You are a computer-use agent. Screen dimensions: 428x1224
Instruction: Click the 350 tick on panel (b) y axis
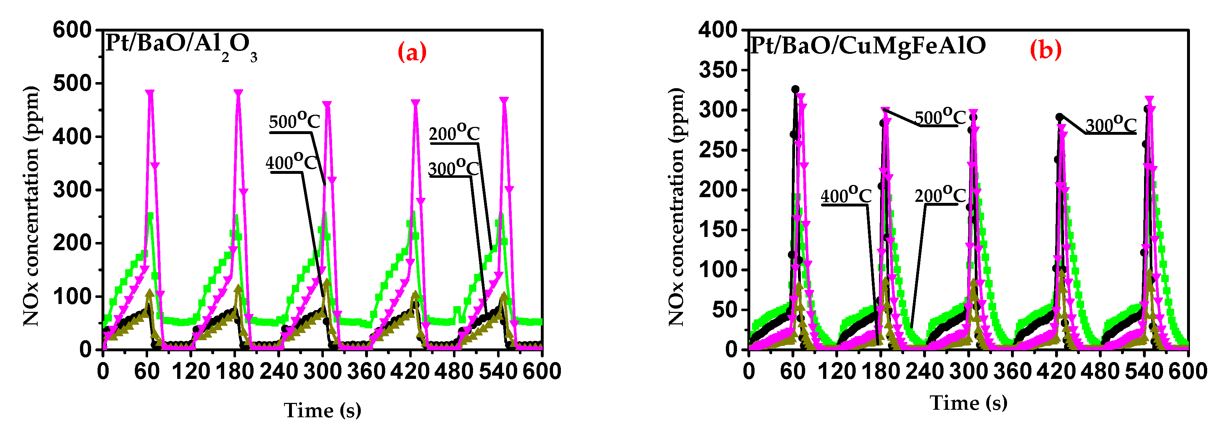click(x=718, y=70)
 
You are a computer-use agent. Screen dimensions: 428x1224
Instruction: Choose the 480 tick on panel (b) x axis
click(x=1101, y=371)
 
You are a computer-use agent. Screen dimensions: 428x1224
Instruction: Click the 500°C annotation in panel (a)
click(x=294, y=122)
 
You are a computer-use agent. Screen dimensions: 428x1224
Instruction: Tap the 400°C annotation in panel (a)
click(x=291, y=162)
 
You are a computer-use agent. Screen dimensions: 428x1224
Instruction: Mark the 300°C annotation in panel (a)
click(x=453, y=168)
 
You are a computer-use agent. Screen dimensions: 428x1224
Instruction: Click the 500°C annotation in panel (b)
click(x=940, y=117)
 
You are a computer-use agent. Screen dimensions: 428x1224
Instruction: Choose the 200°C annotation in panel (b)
click(x=940, y=195)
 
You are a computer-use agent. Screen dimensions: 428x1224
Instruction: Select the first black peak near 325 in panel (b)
click(x=795, y=89)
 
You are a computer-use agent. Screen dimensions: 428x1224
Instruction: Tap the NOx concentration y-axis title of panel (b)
click(x=676, y=206)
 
